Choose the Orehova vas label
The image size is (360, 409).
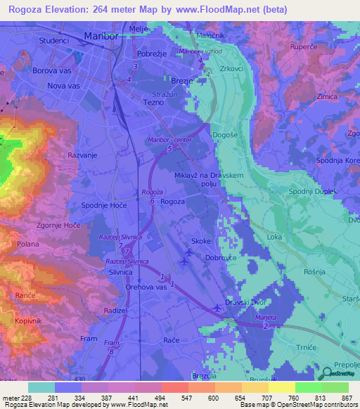146,287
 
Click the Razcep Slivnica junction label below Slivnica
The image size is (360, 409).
127,261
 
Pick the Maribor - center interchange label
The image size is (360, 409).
169,141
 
